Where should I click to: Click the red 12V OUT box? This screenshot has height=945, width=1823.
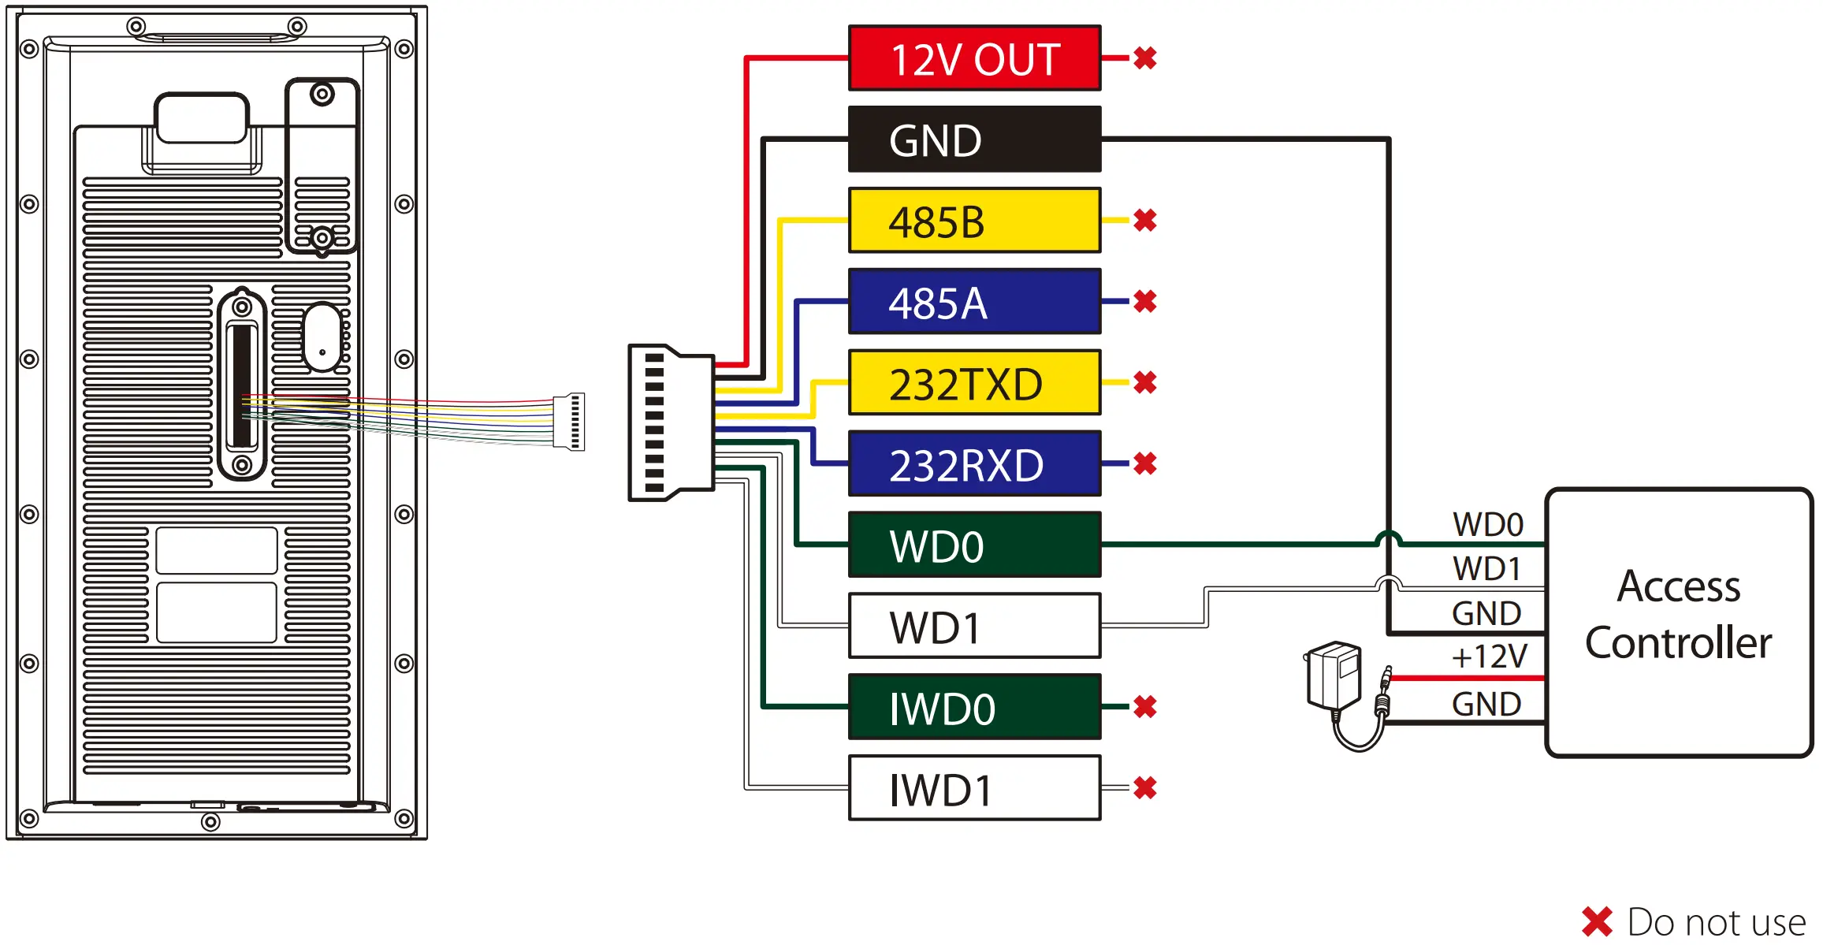(x=974, y=58)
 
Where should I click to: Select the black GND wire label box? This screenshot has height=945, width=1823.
(x=974, y=140)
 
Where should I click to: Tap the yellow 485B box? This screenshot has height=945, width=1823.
(x=974, y=221)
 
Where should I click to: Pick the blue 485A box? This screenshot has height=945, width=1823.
(x=974, y=302)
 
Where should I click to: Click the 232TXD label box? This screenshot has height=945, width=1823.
(x=974, y=383)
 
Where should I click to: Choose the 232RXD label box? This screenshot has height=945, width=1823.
(x=974, y=464)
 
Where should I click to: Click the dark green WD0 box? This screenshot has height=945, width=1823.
(x=974, y=545)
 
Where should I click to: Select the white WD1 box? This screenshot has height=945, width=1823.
(x=974, y=627)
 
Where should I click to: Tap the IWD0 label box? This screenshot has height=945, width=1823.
(x=974, y=708)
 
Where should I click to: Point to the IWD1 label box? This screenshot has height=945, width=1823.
(x=974, y=789)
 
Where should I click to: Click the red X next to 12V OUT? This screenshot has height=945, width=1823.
(x=1145, y=58)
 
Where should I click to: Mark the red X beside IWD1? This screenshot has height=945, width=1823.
(x=1145, y=787)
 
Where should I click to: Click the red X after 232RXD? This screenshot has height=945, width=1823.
(x=1145, y=463)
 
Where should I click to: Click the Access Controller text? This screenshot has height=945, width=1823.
(x=1679, y=615)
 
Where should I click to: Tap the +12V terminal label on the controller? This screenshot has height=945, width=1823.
(x=1489, y=657)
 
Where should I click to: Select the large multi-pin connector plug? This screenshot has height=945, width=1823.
(x=670, y=422)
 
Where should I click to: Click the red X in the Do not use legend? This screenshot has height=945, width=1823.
(x=1597, y=922)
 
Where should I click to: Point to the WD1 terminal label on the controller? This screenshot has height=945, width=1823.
(x=1486, y=568)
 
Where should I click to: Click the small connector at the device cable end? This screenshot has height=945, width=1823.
(x=570, y=422)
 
